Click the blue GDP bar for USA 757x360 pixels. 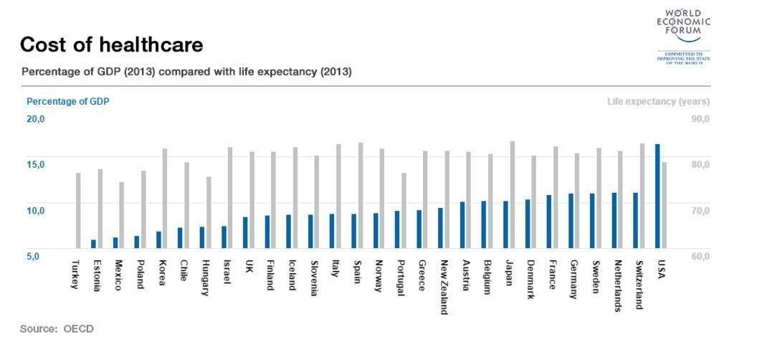click(657, 196)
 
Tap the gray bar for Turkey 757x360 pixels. click(78, 211)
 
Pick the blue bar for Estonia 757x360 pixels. click(93, 244)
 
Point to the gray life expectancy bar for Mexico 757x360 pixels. click(121, 215)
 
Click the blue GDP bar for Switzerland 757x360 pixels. click(635, 220)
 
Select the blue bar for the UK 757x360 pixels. click(245, 232)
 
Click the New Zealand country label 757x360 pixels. click(444, 286)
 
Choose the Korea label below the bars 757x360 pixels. click(162, 273)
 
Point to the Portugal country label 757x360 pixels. click(400, 277)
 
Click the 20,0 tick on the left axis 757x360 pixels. click(35, 119)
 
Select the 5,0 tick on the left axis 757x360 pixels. click(34, 255)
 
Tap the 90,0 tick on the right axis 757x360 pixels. click(700, 119)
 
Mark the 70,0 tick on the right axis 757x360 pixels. click(700, 210)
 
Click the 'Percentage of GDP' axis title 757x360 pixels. click(67, 102)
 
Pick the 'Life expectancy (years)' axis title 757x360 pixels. click(658, 102)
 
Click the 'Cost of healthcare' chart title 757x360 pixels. click(111, 45)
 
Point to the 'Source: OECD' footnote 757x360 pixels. click(57, 328)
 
